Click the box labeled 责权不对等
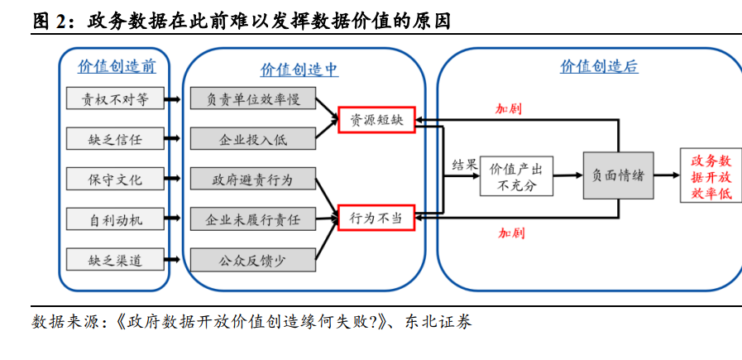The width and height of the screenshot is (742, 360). [x=115, y=99]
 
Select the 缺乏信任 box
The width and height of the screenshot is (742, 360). [x=115, y=139]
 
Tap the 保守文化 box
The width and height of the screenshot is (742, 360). [x=115, y=179]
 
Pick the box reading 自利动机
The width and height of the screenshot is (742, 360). [x=115, y=219]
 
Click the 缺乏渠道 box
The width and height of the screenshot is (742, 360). [x=115, y=260]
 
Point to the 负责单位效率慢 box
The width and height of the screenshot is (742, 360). [x=252, y=99]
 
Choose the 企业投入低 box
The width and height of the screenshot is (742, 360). [x=252, y=139]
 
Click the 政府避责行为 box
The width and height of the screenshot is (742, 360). [x=252, y=179]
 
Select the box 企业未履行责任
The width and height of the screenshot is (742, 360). [x=252, y=219]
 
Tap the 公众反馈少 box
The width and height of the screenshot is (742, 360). [x=252, y=260]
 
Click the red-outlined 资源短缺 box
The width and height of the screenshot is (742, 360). [x=376, y=119]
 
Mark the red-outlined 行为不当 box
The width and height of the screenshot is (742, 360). [x=376, y=218]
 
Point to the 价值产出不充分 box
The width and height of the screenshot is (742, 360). [x=516, y=175]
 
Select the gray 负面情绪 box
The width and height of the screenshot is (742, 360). [x=618, y=175]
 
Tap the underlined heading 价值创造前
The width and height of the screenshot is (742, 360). [x=117, y=66]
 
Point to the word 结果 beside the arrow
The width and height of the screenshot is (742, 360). [x=464, y=164]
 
